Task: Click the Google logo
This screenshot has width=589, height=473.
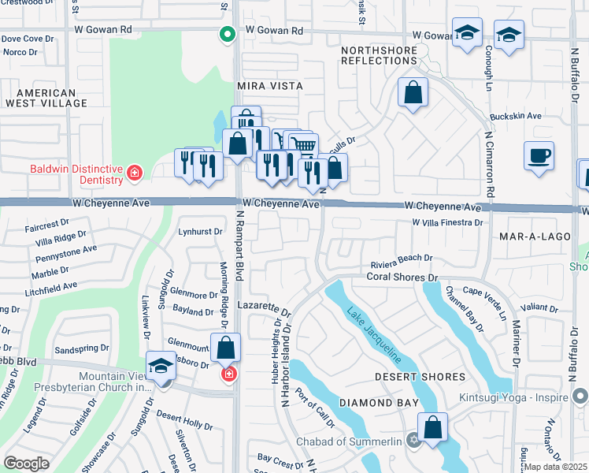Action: pyautogui.click(x=26, y=464)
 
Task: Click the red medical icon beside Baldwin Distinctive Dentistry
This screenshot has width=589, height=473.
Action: pyautogui.click(x=135, y=171)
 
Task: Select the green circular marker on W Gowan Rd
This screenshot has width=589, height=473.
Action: pyautogui.click(x=227, y=34)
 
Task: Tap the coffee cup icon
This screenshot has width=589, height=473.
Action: pyautogui.click(x=539, y=155)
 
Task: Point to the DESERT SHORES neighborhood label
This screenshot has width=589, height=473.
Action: pyautogui.click(x=431, y=377)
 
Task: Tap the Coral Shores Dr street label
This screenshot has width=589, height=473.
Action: pyautogui.click(x=402, y=277)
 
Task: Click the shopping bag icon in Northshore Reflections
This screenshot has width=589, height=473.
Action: pyautogui.click(x=413, y=93)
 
